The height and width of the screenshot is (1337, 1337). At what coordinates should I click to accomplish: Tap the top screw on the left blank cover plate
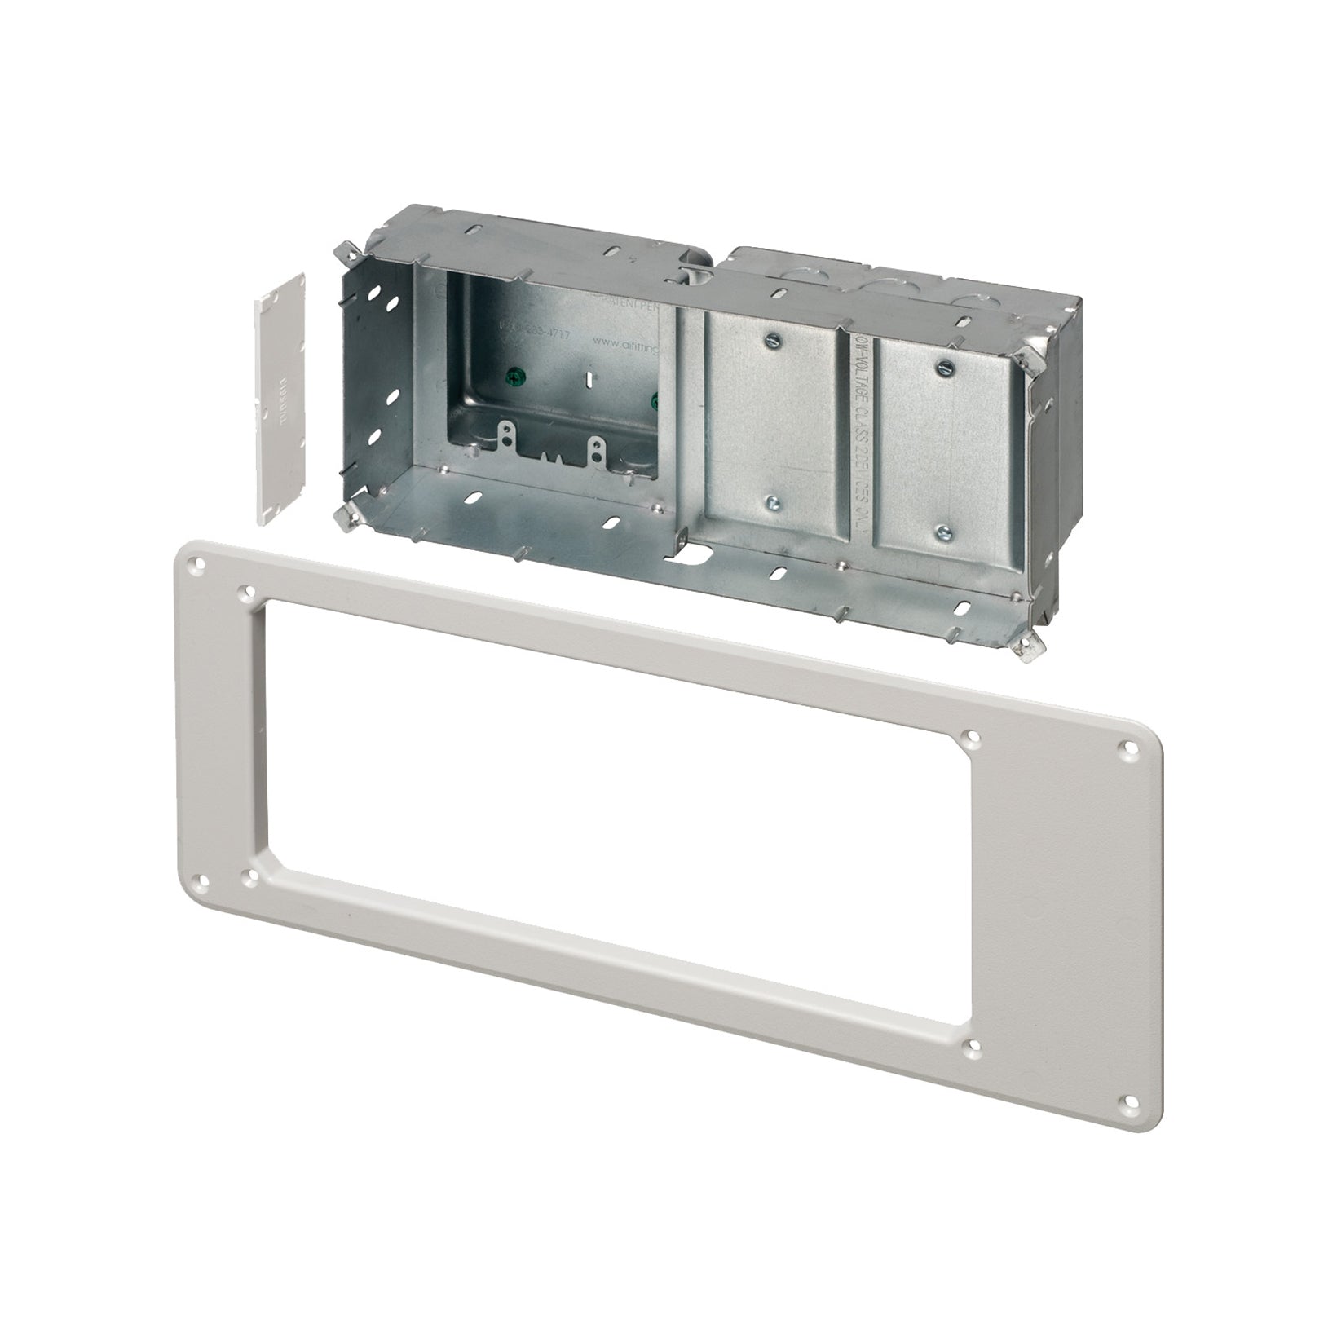pyautogui.click(x=771, y=337)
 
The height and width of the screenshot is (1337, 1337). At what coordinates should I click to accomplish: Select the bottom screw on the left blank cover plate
pyautogui.click(x=771, y=504)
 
